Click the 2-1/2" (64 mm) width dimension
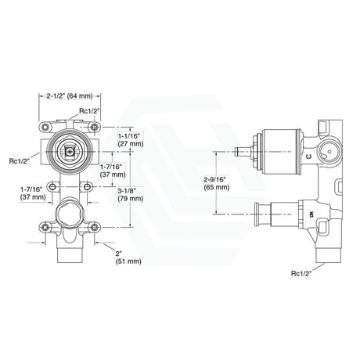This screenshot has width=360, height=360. pos(68,97)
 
